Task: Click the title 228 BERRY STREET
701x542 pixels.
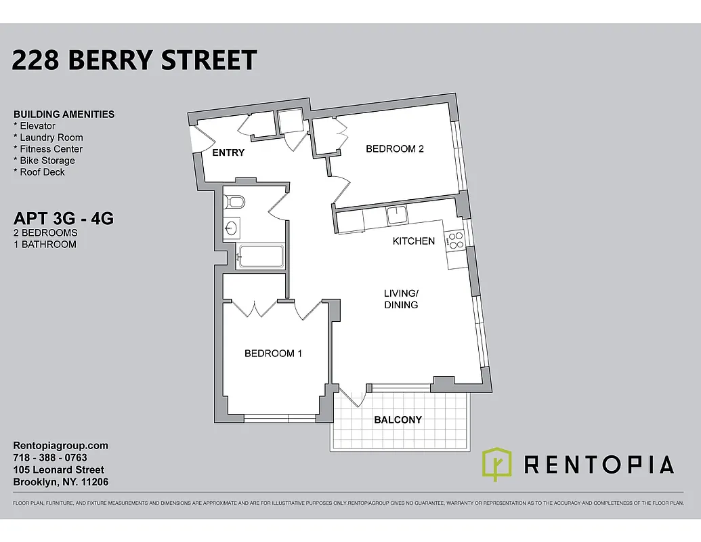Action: [134, 60]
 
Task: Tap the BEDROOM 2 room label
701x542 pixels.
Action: [394, 149]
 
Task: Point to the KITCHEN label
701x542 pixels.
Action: [414, 241]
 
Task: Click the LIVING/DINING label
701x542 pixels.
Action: [401, 299]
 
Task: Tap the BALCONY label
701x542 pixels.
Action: [398, 420]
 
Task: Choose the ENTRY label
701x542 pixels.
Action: [228, 153]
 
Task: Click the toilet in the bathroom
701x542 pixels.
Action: [234, 201]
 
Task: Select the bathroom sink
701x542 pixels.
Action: [232, 228]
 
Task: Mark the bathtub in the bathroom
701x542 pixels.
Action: [261, 257]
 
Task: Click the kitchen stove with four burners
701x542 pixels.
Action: [454, 241]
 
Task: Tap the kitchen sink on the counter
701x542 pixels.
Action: [396, 215]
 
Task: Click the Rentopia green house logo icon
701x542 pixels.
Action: [497, 463]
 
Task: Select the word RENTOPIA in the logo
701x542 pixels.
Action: [599, 465]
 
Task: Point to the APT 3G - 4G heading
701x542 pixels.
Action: [64, 220]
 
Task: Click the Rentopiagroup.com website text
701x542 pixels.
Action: [61, 446]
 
